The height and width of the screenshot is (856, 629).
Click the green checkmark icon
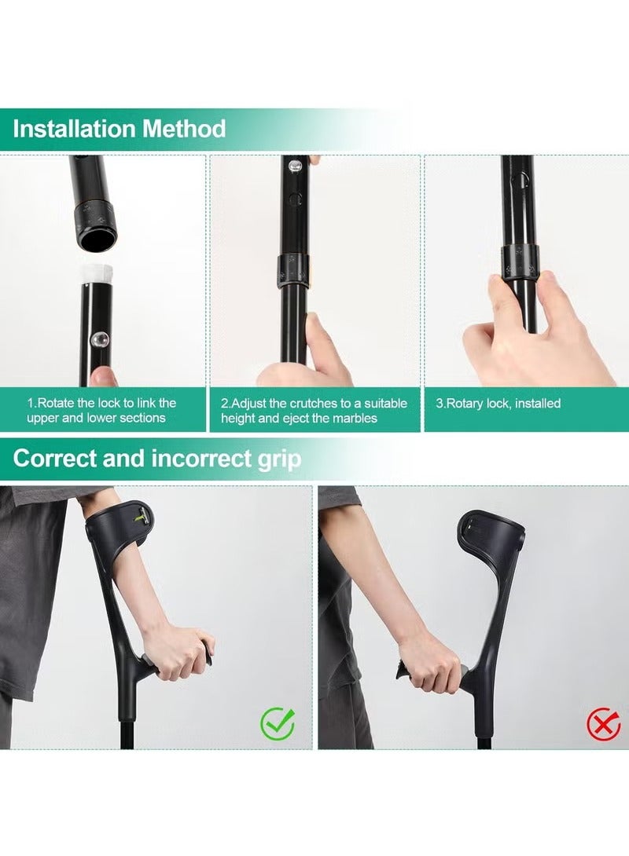coord(277,724)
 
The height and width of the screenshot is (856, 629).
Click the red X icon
coord(604,723)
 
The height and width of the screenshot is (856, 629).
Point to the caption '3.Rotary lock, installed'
coord(498,403)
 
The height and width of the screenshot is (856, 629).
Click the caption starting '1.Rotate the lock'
coord(101,410)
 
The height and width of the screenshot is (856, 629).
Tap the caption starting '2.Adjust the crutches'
coord(314,410)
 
